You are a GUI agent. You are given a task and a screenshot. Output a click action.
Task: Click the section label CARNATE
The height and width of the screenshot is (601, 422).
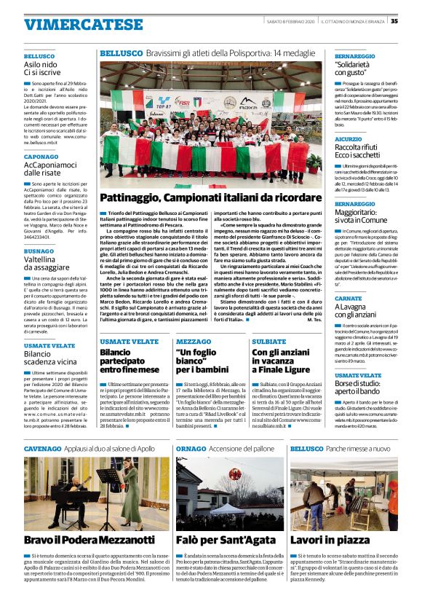coord(349,299)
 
